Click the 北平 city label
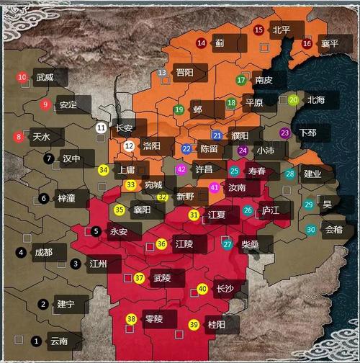click(x=281, y=30)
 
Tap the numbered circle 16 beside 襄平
click(x=307, y=43)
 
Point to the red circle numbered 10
click(x=22, y=77)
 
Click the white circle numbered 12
click(x=129, y=145)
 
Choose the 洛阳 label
click(x=152, y=145)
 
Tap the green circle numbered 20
click(x=293, y=100)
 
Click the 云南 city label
click(x=58, y=341)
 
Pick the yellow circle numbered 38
click(x=131, y=319)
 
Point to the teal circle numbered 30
click(x=310, y=229)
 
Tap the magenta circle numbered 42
click(x=181, y=169)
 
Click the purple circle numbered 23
click(x=285, y=133)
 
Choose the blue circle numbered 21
click(x=217, y=135)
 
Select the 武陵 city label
click(x=162, y=278)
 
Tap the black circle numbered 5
click(x=96, y=231)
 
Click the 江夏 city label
click(x=217, y=215)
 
